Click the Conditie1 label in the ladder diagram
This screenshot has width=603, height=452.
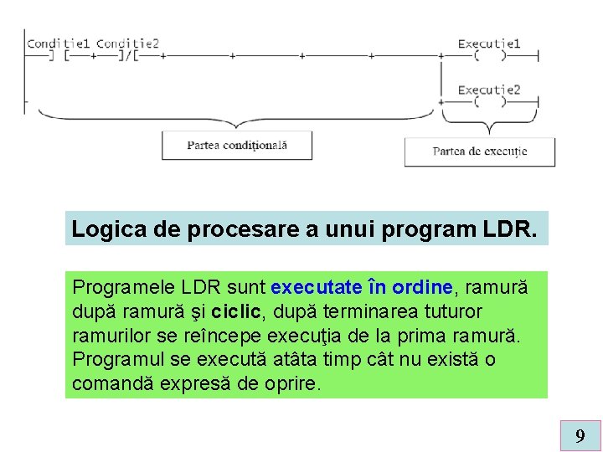click(58, 44)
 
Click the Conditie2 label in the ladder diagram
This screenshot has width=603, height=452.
click(127, 44)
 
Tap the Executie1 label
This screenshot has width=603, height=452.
click(489, 44)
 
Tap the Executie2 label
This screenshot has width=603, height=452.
click(489, 90)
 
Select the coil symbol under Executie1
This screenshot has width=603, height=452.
click(490, 56)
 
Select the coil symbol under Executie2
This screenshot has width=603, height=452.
click(490, 102)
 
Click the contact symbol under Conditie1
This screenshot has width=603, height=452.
click(59, 56)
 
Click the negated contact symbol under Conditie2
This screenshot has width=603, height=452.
click(131, 56)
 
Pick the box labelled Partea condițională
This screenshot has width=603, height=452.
click(237, 145)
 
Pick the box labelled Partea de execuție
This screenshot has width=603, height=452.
click(480, 152)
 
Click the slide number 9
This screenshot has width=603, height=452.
click(580, 435)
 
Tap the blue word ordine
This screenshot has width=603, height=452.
click(422, 287)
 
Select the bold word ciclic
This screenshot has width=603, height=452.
click(240, 311)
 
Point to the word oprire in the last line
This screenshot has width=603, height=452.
click(292, 384)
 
